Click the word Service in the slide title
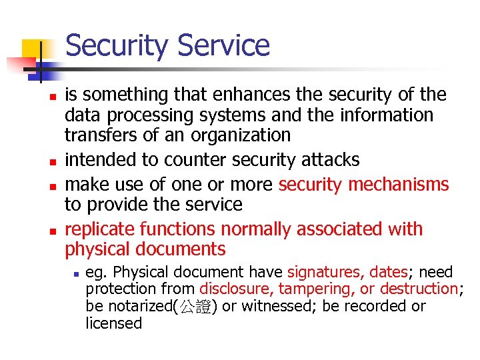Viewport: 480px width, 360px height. point(225,45)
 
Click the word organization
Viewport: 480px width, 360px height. point(242,135)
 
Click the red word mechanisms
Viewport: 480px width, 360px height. point(404,184)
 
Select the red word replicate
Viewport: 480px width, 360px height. point(99,229)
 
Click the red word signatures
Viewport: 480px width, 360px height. point(320,272)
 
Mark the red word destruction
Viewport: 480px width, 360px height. point(417,289)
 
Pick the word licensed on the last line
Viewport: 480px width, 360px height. point(114,323)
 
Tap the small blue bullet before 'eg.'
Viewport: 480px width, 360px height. point(77,273)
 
